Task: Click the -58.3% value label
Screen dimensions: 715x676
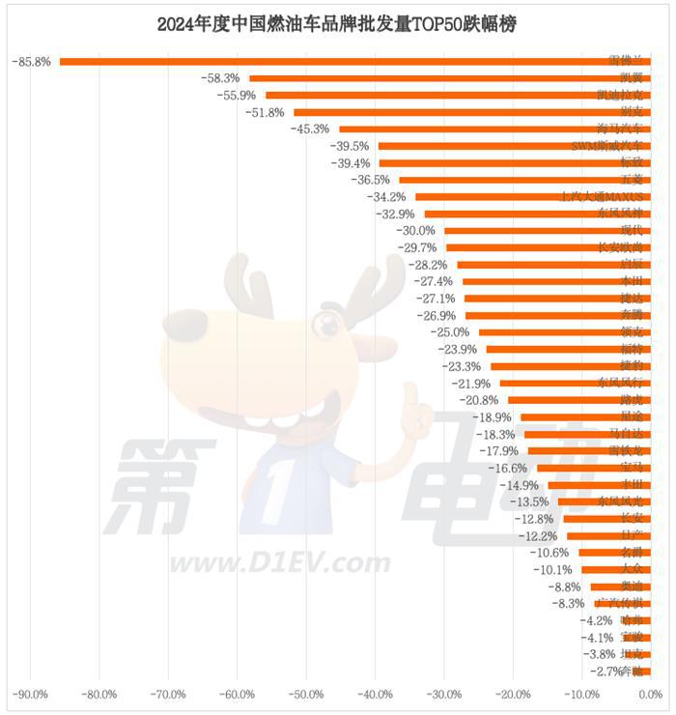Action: [220, 78]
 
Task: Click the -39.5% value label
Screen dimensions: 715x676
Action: [350, 146]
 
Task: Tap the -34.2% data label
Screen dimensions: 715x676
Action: [386, 197]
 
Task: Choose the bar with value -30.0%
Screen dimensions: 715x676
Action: [547, 231]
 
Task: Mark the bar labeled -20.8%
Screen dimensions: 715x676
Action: [578, 400]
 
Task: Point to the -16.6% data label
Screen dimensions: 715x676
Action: [508, 468]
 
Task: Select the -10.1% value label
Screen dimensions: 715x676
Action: [552, 569]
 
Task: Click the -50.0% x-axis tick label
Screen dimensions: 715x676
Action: [306, 695]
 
